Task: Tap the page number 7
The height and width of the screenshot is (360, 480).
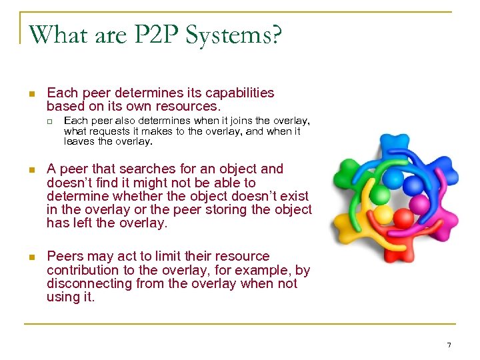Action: pyautogui.click(x=449, y=345)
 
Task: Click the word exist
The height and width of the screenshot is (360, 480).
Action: pyautogui.click(x=293, y=196)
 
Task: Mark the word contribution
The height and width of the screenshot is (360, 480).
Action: pyautogui.click(x=81, y=270)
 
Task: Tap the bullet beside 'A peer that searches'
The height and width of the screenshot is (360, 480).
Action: pyautogui.click(x=31, y=170)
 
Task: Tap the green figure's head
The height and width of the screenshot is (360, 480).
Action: pyautogui.click(x=378, y=194)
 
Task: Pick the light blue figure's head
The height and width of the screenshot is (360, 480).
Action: pyautogui.click(x=394, y=178)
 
